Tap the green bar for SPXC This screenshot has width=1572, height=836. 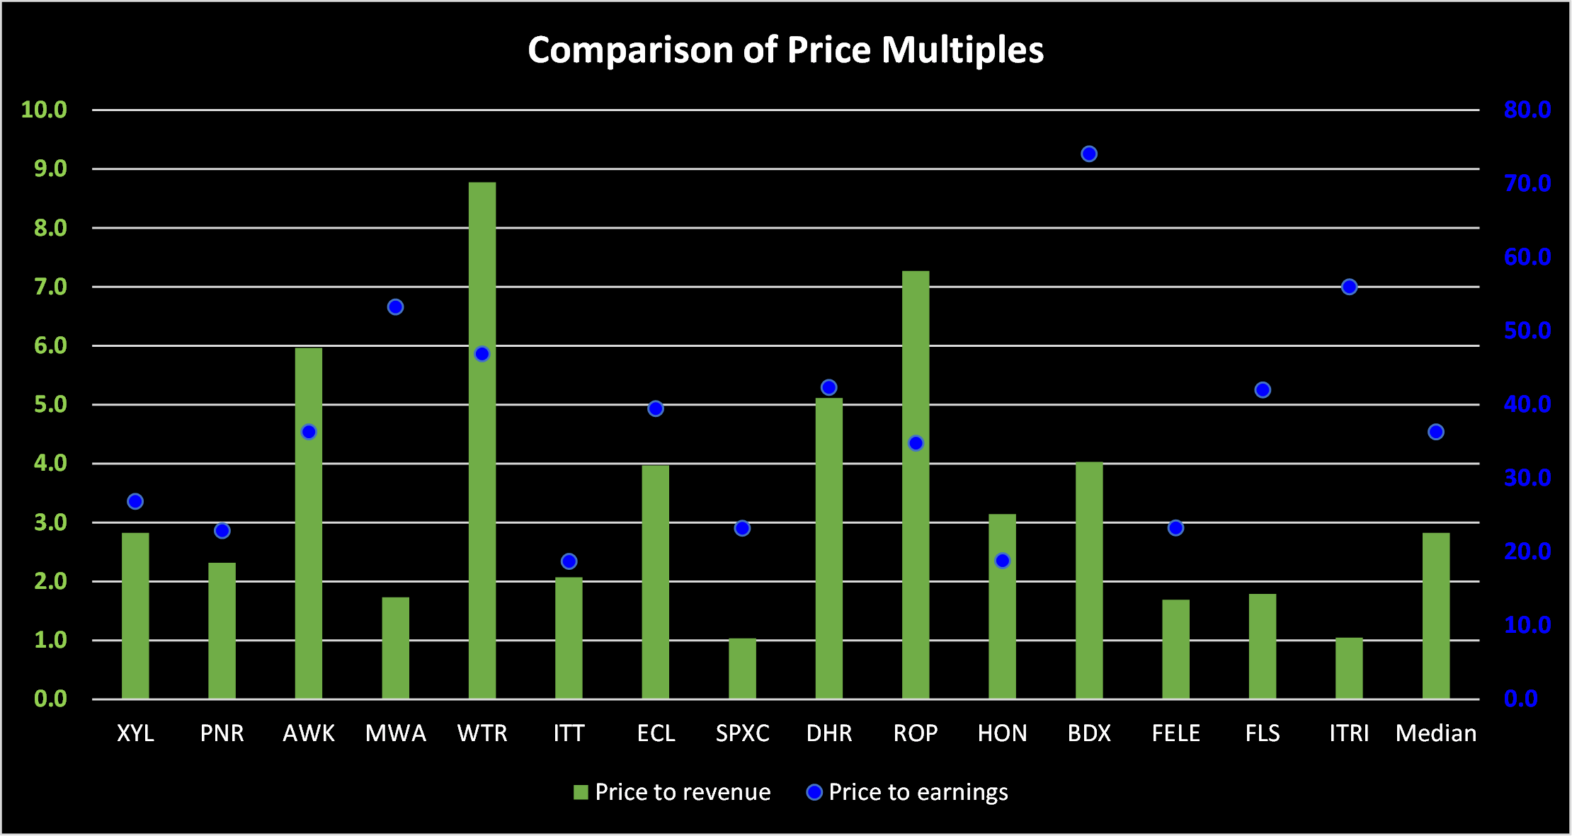pyautogui.click(x=742, y=668)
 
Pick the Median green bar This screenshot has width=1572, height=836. pyautogui.click(x=1435, y=616)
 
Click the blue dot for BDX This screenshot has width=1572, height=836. pyautogui.click(x=1089, y=154)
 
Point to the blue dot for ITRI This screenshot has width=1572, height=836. pyautogui.click(x=1349, y=287)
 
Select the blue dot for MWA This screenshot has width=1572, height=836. pyautogui.click(x=395, y=307)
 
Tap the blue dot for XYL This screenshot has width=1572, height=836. pyautogui.click(x=135, y=501)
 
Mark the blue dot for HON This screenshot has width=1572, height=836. pyautogui.click(x=1002, y=561)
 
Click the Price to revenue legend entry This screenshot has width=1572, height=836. pyautogui.click(x=672, y=792)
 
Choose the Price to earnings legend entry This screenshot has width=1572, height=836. pyautogui.click(x=907, y=792)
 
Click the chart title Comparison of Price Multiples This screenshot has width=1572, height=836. pyautogui.click(x=785, y=50)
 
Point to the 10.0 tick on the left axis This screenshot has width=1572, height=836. pyautogui.click(x=44, y=110)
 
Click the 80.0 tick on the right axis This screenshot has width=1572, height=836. pyautogui.click(x=1527, y=110)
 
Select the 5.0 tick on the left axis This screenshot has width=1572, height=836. pyautogui.click(x=50, y=404)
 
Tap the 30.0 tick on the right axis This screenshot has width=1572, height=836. pyautogui.click(x=1527, y=478)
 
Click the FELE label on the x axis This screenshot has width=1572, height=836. pyautogui.click(x=1175, y=733)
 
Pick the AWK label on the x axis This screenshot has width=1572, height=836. pyautogui.click(x=309, y=733)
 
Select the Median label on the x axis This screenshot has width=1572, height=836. pyautogui.click(x=1435, y=733)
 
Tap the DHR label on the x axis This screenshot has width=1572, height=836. pyautogui.click(x=828, y=733)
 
